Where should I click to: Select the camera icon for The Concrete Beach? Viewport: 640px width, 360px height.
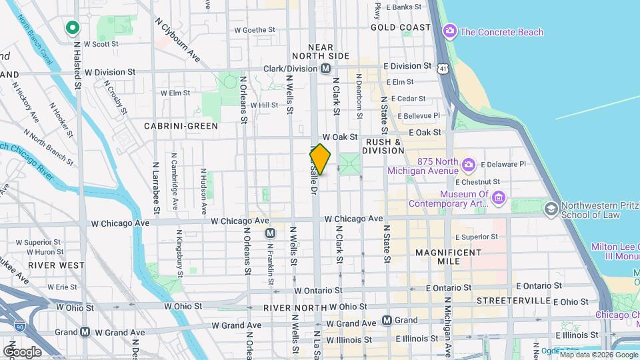450,31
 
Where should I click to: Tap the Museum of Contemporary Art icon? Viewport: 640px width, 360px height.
499,197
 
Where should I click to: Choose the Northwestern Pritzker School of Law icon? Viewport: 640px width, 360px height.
551,209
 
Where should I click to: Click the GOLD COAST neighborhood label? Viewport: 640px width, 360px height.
401,27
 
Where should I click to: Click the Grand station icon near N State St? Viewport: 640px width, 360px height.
387,320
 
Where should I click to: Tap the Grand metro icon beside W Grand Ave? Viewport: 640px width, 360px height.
85,331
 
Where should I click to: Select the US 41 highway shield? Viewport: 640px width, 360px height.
443,68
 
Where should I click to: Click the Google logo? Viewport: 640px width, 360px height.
22,351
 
